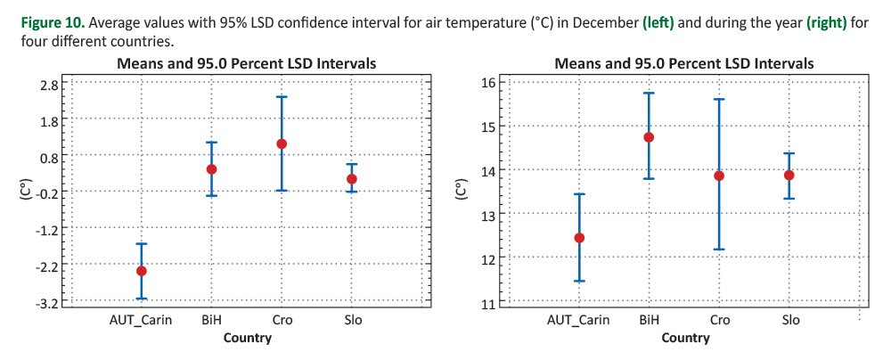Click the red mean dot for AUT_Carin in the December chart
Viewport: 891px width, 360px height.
point(141,271)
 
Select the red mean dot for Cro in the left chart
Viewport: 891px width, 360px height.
point(282,143)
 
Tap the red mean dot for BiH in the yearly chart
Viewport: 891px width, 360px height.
point(649,137)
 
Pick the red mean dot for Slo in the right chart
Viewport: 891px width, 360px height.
point(789,175)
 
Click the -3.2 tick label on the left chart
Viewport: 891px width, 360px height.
point(48,303)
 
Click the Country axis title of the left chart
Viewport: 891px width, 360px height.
point(247,338)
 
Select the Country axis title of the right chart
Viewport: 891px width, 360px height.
point(685,338)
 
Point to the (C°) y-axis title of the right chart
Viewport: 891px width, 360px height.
point(462,192)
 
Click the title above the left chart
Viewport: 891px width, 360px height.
point(246,64)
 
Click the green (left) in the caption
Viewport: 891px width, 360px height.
point(660,21)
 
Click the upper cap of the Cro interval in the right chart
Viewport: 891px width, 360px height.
point(719,99)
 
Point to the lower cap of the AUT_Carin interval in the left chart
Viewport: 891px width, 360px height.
point(141,299)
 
